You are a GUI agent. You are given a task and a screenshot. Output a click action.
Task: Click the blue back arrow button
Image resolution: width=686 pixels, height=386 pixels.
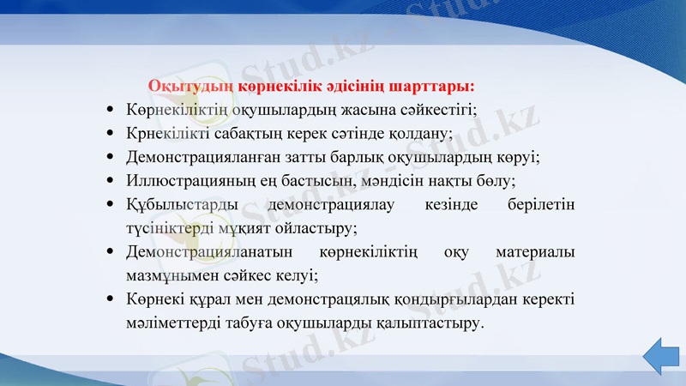tap(661, 354)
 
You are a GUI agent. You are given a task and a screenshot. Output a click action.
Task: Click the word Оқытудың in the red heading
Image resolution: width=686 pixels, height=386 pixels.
tap(181, 87)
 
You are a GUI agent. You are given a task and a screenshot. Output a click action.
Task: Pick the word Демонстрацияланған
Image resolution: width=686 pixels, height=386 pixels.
tap(199, 158)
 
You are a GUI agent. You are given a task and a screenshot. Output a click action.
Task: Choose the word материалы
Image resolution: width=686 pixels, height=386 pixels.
tap(536, 252)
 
